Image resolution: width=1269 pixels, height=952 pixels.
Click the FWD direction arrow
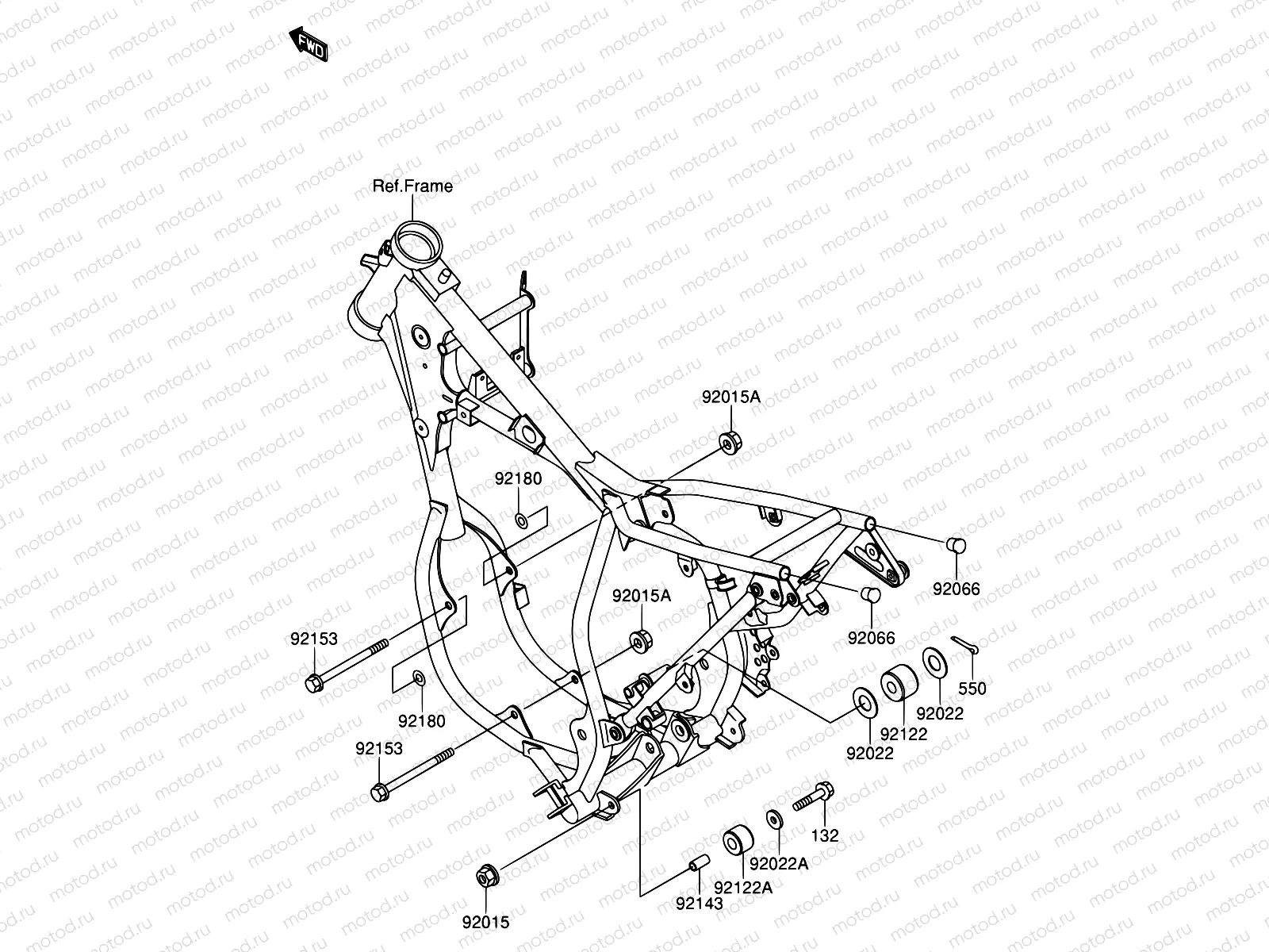309,44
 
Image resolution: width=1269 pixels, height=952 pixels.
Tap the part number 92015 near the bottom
485,922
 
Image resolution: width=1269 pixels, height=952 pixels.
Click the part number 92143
699,903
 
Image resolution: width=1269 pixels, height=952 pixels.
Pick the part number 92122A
742,887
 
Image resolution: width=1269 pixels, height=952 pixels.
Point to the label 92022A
778,864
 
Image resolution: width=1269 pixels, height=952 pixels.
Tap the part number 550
972,689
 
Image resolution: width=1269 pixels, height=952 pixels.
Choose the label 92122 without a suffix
903,734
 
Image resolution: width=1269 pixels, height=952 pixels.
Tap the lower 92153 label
378,748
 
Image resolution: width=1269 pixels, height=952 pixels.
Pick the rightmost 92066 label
956,589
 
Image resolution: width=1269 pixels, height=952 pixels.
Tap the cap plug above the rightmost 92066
956,544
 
